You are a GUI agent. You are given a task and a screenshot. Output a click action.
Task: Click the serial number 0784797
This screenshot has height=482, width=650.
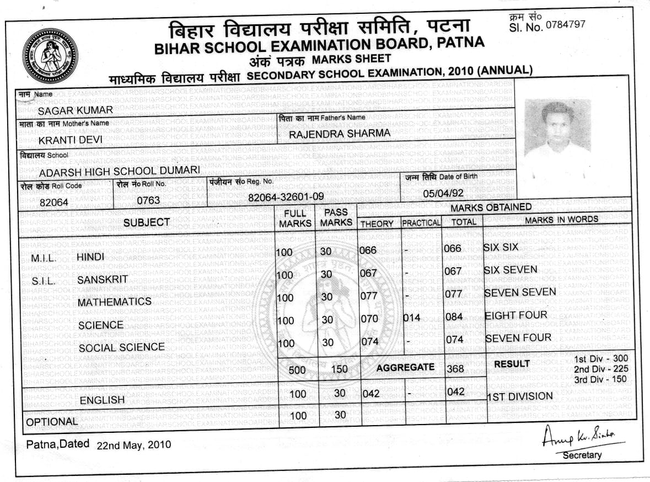[x=565, y=25]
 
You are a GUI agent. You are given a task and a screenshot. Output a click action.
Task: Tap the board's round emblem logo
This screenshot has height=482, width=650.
[x=50, y=55]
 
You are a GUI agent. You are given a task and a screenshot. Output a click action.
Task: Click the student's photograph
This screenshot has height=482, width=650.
[x=557, y=141]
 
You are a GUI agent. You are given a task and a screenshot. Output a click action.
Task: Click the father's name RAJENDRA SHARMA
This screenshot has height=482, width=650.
[x=340, y=133]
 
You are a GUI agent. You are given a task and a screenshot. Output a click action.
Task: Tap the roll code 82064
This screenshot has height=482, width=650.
[x=54, y=202]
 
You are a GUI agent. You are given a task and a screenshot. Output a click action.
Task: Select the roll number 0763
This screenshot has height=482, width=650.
[x=148, y=200]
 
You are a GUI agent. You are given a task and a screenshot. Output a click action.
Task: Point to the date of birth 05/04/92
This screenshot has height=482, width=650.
[x=442, y=194]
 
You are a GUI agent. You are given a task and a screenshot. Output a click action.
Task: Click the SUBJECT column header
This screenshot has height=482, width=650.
[x=147, y=223]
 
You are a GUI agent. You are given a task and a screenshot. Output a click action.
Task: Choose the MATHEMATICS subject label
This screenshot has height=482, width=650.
[x=114, y=302]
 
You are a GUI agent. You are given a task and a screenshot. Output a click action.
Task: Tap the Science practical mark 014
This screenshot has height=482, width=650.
[x=411, y=317]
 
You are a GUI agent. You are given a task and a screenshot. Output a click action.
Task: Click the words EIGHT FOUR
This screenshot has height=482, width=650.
[x=515, y=315]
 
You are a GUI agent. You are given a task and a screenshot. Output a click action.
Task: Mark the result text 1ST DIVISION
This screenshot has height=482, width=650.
[x=520, y=396]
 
